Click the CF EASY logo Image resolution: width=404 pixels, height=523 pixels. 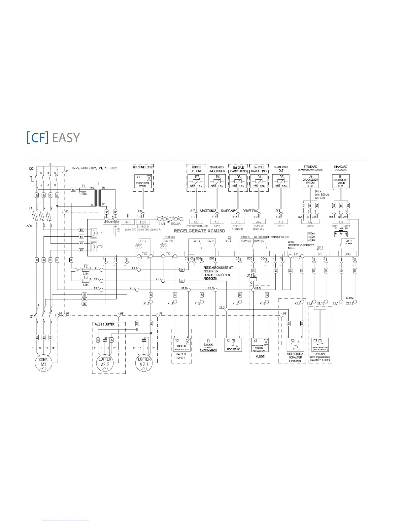pos(53,137)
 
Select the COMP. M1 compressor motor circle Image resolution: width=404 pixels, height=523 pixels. pos(44,362)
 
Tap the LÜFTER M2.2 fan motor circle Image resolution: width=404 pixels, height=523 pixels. pos(105,362)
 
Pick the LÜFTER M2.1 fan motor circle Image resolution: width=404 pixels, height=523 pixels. pos(144,362)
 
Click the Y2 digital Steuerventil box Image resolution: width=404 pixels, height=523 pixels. pos(182,345)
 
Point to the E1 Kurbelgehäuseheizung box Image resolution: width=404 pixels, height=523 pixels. pos(209,345)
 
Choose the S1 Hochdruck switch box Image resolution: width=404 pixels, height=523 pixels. pos(233,345)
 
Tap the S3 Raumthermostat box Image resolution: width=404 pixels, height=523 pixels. pos(320,345)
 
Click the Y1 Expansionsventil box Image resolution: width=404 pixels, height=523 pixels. pos(143,181)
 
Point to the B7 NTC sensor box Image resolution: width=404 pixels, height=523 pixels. pos(196,181)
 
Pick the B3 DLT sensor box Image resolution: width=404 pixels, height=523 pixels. pos(281,181)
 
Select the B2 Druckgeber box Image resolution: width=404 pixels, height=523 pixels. pos(310,181)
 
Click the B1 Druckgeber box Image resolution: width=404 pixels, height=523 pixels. pos(341,181)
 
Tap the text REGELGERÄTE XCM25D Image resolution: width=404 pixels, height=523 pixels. pos(199,231)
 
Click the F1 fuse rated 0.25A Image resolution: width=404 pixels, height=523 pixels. pos(83,190)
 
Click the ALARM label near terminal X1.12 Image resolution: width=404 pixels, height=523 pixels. pos(350,298)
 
